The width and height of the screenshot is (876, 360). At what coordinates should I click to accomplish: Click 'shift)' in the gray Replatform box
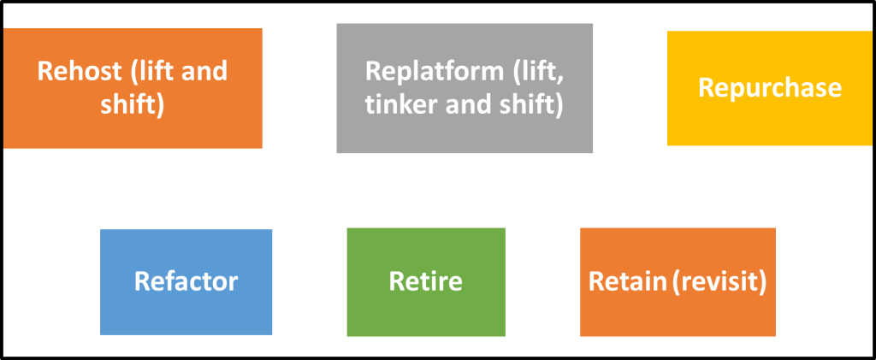coord(529,105)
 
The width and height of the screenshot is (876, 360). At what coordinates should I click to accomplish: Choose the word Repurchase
coord(769,87)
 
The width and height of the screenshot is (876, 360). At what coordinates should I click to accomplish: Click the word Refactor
coord(186,281)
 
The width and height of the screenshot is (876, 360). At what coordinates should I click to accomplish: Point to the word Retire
coord(425,281)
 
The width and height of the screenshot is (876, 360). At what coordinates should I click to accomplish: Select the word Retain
coord(625,281)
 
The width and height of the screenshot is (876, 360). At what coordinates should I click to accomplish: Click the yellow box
coord(769,120)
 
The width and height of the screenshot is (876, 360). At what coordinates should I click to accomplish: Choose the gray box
coord(464,137)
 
